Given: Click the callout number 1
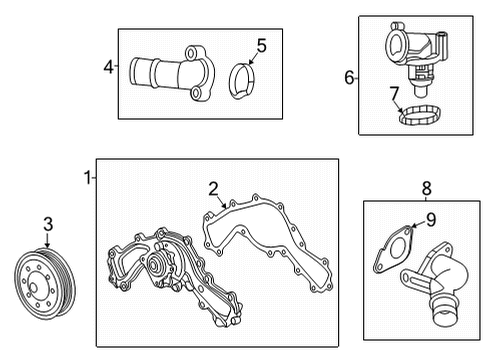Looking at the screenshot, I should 87,178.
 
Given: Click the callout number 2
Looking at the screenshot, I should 213,187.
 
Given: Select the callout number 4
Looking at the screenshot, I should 108,68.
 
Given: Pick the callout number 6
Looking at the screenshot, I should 349,77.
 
